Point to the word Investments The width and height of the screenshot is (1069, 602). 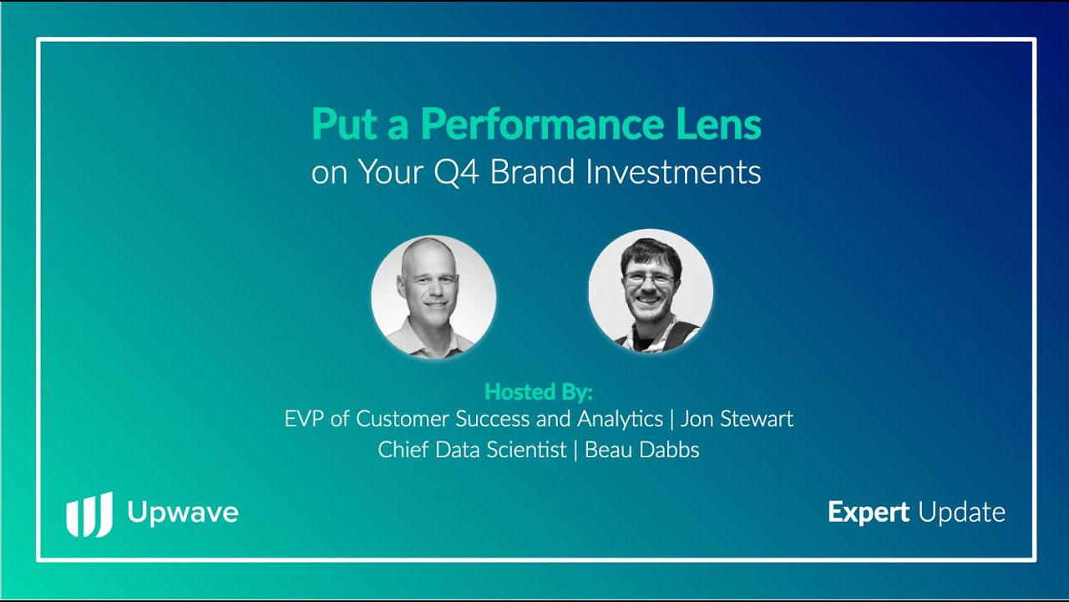[673, 171]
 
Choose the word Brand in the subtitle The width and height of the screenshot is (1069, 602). [532, 171]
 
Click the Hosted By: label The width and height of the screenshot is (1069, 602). [539, 392]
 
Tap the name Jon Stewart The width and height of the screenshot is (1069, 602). [737, 419]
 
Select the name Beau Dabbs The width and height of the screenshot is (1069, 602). [642, 450]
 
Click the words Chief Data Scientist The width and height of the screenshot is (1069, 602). [472, 450]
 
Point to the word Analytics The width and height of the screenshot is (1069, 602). [620, 420]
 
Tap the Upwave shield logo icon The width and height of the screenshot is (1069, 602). [89, 514]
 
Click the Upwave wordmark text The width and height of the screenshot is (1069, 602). [183, 513]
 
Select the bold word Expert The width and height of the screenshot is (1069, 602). [869, 513]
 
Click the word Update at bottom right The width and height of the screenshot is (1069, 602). [962, 513]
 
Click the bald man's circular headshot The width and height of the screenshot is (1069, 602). [433, 297]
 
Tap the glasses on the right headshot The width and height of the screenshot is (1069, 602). [649, 278]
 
